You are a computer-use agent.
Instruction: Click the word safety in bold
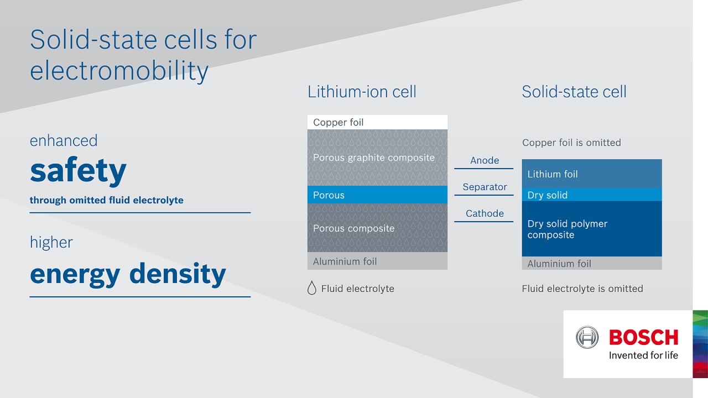coord(78,171)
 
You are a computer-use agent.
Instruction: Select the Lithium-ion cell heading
coord(362,92)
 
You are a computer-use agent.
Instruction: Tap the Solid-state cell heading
coord(574,92)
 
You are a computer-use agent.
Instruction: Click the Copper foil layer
coord(377,122)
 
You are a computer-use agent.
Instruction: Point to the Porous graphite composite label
coord(374,158)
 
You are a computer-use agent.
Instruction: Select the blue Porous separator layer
coord(377,195)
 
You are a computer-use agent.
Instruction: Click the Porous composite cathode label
coord(354,228)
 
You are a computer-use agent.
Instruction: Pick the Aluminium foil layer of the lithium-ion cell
coord(377,261)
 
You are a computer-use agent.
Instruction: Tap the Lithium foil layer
coord(591,174)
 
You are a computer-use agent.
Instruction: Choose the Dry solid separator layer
coord(591,195)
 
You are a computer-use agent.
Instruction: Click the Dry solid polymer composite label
coord(568,229)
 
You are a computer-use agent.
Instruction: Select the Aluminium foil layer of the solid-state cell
coord(591,264)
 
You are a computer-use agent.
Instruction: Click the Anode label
coord(485,160)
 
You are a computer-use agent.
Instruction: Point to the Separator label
coord(485,187)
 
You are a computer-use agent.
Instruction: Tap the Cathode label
coord(485,213)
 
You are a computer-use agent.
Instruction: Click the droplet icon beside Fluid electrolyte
coord(312,288)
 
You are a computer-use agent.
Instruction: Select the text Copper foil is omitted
coord(571,143)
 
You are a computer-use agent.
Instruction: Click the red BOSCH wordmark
coord(643,337)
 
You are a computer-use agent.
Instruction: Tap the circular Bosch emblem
coord(587,337)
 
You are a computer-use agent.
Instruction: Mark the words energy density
coord(128,274)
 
